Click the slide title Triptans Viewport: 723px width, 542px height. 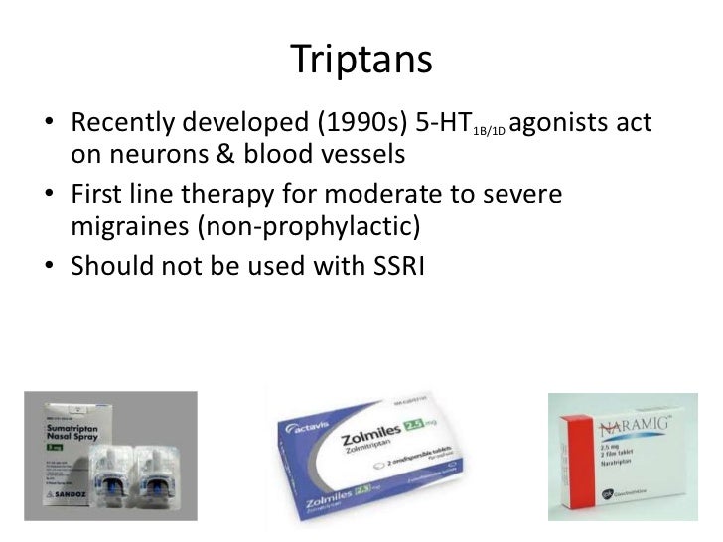point(362,61)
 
